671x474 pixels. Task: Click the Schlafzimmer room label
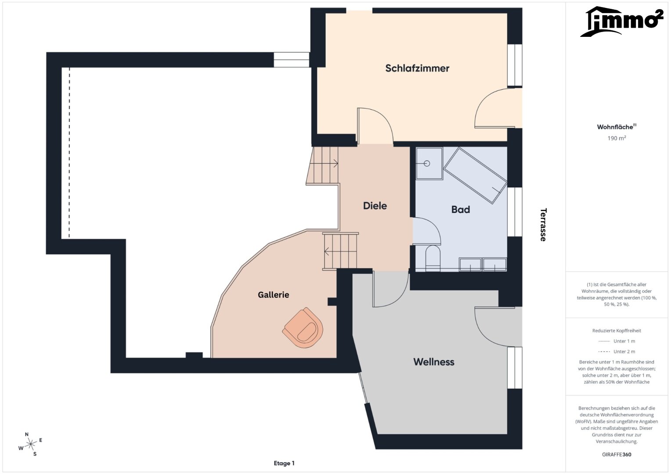click(417, 68)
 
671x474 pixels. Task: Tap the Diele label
click(375, 206)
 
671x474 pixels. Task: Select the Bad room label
click(460, 210)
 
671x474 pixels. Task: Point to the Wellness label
click(434, 362)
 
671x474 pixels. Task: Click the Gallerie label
click(273, 294)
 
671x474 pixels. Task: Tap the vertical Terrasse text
click(543, 225)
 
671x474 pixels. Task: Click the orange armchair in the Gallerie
click(303, 327)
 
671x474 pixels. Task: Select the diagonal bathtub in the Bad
click(475, 176)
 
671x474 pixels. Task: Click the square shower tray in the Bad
click(429, 164)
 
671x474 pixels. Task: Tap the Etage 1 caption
click(284, 463)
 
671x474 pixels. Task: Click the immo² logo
click(621, 22)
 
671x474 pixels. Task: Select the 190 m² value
click(617, 138)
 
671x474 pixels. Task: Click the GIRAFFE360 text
click(617, 454)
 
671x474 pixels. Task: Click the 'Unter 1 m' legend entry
click(617, 341)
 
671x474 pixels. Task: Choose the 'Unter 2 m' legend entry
click(617, 352)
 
